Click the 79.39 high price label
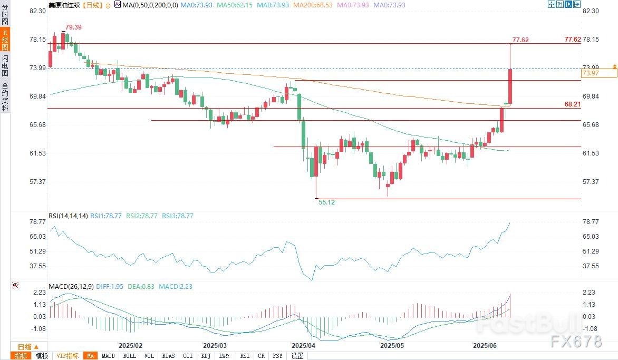74,27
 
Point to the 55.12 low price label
327,202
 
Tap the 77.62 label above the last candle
520,40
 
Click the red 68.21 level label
572,104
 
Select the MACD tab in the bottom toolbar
108,356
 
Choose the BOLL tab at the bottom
129,356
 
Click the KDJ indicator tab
206,356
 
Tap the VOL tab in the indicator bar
149,356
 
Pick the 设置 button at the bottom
297,356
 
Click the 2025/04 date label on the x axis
303,346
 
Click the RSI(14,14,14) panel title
68,216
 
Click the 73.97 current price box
598,73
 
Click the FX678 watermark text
576,342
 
